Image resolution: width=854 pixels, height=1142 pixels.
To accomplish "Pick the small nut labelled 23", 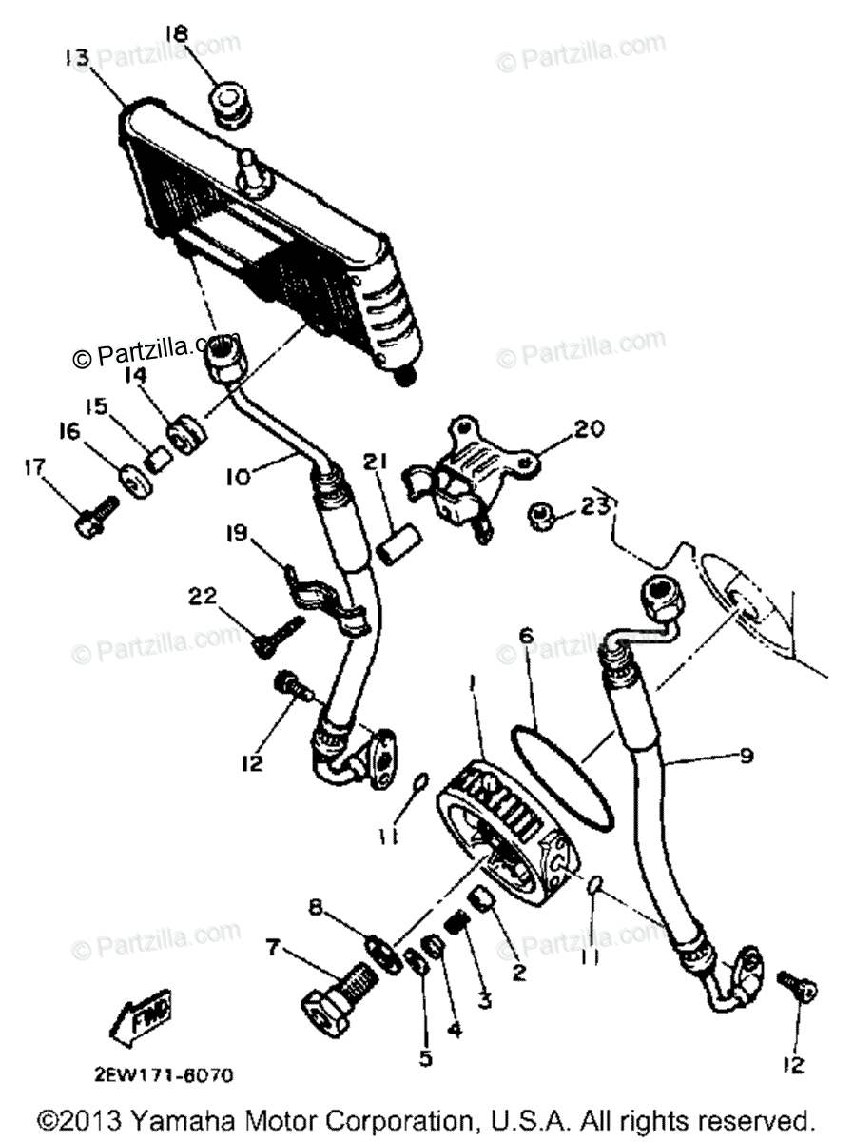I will pos(543,520).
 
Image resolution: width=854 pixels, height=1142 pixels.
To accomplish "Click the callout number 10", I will pos(240,476).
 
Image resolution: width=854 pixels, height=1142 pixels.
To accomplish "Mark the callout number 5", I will pos(425,1056).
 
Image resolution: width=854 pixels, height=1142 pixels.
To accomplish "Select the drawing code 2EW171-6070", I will pos(163,1074).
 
